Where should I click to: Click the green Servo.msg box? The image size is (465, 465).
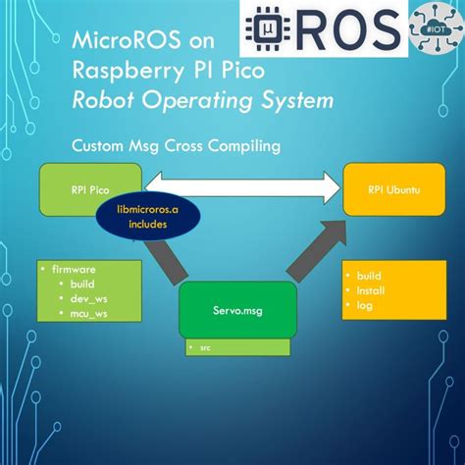click(235, 312)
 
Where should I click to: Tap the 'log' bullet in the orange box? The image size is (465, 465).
click(365, 306)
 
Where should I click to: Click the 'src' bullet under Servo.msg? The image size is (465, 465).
click(207, 348)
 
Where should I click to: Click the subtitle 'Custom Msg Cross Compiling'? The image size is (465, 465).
click(177, 144)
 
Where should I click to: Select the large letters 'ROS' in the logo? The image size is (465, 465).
click(342, 29)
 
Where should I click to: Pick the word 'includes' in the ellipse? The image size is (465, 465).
click(146, 225)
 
